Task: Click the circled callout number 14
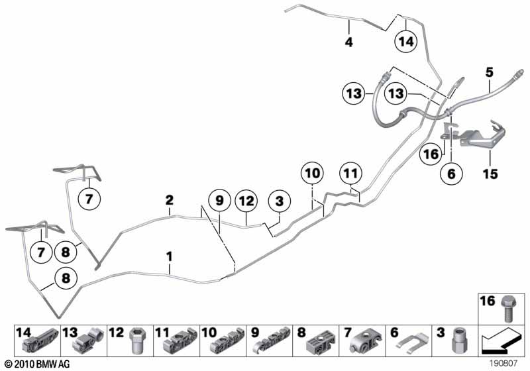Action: tap(405, 42)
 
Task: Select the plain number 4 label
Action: tap(348, 42)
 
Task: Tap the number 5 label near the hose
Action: tap(490, 72)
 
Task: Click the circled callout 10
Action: tap(312, 174)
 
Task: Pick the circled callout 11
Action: tap(350, 174)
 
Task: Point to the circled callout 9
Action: tap(219, 201)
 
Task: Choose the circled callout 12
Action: tap(246, 201)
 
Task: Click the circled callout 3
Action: tap(279, 201)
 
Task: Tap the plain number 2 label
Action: tap(170, 200)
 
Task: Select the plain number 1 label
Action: tap(170, 256)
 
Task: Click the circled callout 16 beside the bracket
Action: tap(431, 154)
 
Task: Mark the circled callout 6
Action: tap(451, 174)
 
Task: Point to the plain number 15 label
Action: tap(490, 174)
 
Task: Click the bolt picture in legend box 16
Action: tap(507, 308)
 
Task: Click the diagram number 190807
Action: tap(503, 364)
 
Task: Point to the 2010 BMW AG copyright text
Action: tap(38, 364)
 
